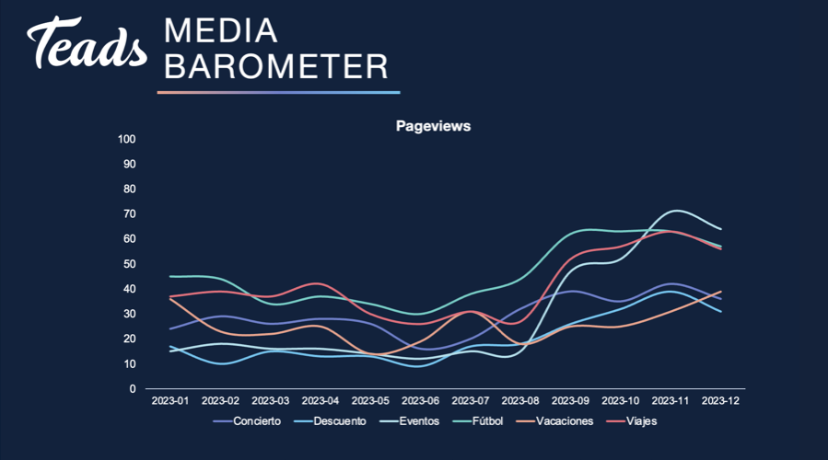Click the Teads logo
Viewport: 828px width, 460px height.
click(x=87, y=42)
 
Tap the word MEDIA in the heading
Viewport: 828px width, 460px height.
click(x=221, y=30)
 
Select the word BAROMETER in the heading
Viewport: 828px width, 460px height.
click(x=276, y=66)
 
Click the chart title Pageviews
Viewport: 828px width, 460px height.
click(x=433, y=126)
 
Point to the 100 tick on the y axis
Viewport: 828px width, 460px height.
click(x=127, y=139)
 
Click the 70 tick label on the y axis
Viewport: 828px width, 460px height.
click(x=129, y=214)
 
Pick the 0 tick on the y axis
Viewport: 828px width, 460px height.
click(x=133, y=389)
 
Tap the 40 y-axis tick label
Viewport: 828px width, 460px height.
click(x=129, y=289)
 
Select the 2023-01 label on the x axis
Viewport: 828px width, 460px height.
click(x=170, y=401)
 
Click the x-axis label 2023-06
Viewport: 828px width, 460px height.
click(x=420, y=401)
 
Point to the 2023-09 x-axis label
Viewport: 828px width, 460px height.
click(x=570, y=401)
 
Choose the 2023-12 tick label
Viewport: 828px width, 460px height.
click(x=720, y=401)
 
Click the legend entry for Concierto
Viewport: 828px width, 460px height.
click(x=247, y=421)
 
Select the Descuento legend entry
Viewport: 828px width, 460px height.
click(x=330, y=421)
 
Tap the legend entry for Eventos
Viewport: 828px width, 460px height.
click(x=409, y=421)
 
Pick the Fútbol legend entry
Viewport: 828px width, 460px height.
click(x=478, y=421)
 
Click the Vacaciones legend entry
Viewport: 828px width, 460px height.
click(x=555, y=421)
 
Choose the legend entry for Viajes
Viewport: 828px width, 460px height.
click(x=632, y=421)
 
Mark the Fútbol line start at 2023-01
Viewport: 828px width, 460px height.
click(x=170, y=276)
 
